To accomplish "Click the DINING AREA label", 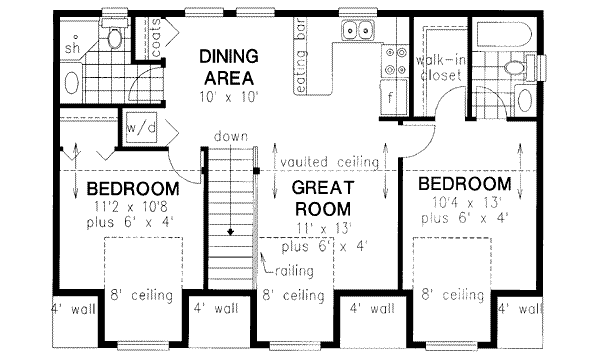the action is [229, 67].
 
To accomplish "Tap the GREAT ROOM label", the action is [323, 198].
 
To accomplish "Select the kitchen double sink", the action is [358, 30].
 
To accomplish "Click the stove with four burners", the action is [395, 60].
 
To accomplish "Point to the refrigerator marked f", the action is [394, 97].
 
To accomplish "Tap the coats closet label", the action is [156, 38].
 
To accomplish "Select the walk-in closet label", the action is [440, 67].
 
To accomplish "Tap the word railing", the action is [294, 271].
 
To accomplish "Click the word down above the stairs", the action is [231, 136].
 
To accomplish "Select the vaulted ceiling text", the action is [329, 162].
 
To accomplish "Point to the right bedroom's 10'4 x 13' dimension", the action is [465, 202].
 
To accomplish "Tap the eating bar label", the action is [302, 55].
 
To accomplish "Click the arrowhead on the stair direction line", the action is [230, 231].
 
